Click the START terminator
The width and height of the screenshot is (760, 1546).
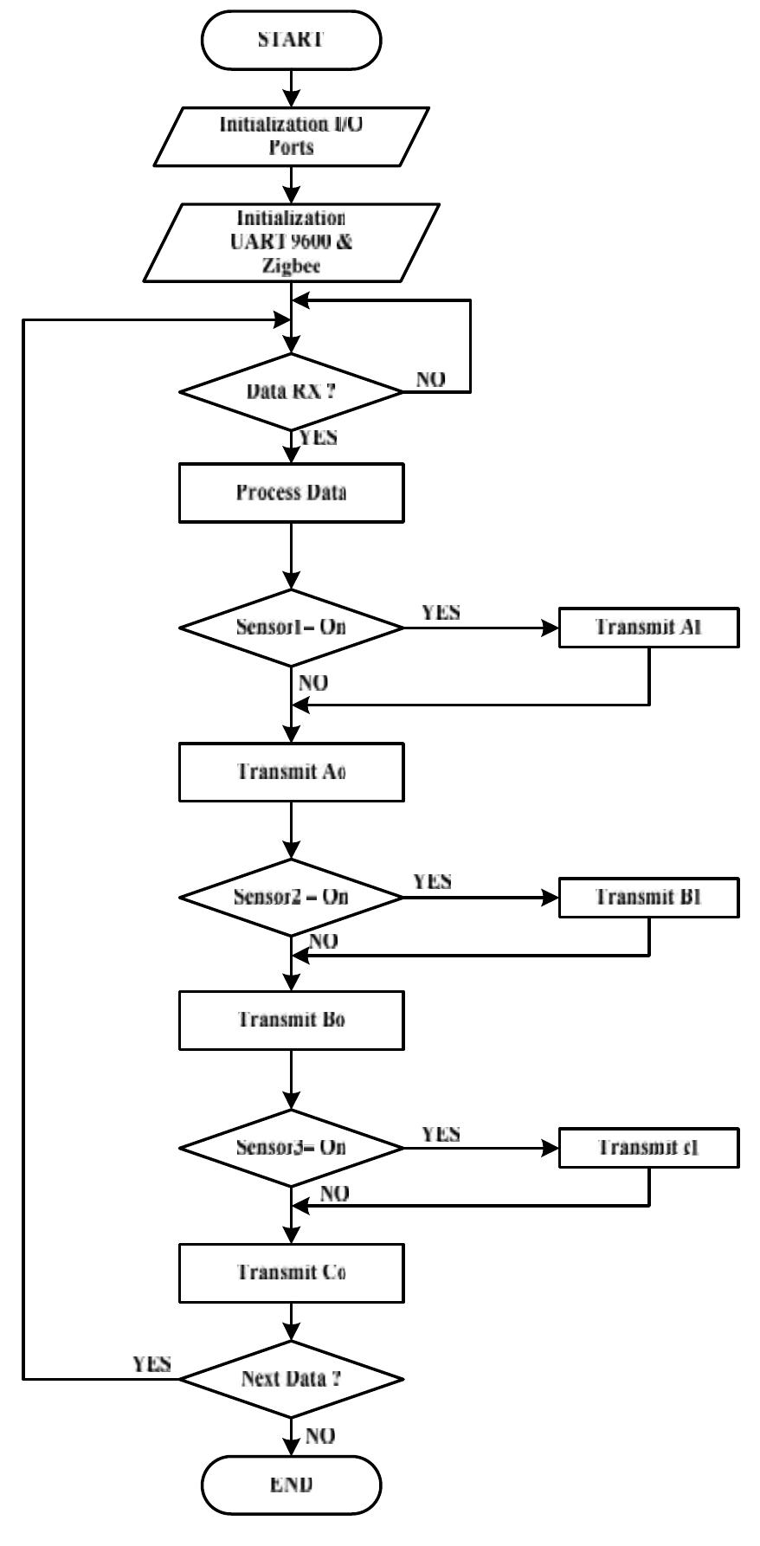(291, 41)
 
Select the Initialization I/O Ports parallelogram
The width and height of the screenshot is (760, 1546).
(291, 136)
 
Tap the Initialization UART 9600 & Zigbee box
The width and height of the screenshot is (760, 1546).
(291, 242)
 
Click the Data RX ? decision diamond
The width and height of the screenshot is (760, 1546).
(291, 391)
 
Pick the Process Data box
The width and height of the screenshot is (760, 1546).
(291, 493)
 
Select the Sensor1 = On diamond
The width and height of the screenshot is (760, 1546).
(291, 628)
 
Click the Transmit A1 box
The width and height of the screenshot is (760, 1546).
(648, 628)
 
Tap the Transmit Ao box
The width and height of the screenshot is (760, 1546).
(291, 770)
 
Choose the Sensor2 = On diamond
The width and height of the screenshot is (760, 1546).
(291, 897)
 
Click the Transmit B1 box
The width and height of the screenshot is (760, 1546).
(648, 897)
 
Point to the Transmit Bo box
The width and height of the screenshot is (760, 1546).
(291, 1020)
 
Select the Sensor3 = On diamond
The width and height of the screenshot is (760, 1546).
(291, 1148)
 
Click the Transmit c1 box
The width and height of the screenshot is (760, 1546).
(648, 1148)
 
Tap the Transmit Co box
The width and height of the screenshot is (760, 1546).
(291, 1272)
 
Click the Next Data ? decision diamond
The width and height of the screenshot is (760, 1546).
(291, 1378)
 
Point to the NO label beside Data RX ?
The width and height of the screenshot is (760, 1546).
(431, 379)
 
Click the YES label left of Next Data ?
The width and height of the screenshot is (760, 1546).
(151, 1365)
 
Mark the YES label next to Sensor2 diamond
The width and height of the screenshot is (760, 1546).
(432, 881)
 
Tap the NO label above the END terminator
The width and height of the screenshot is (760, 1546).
(319, 1436)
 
